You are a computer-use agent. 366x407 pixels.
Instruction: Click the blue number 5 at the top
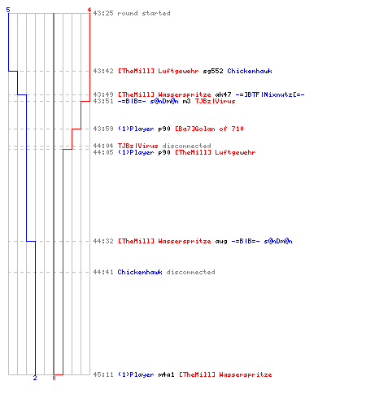tap(8, 10)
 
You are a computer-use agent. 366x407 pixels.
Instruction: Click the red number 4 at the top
tap(89, 10)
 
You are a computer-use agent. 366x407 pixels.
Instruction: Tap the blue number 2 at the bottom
tap(35, 378)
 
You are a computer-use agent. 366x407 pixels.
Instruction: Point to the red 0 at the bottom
tap(54, 378)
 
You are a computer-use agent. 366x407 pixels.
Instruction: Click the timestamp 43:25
tap(103, 13)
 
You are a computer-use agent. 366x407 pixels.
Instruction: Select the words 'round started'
tap(144, 13)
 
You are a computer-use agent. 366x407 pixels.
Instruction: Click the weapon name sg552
tap(213, 71)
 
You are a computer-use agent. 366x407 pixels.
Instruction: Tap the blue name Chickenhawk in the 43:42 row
tap(250, 71)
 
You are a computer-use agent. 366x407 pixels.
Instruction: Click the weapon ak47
tap(223, 94)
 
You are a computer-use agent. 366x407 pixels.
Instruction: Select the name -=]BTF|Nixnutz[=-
tap(270, 94)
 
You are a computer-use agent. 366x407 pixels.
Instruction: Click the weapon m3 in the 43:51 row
tap(186, 101)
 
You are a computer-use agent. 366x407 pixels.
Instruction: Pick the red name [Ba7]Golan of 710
tap(209, 129)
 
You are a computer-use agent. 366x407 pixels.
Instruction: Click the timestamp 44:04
tap(103, 146)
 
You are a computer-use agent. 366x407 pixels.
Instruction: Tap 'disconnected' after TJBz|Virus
tap(186, 146)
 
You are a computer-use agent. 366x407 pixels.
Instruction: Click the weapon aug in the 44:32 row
tap(221, 241)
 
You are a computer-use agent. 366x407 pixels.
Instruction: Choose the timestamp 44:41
tap(103, 272)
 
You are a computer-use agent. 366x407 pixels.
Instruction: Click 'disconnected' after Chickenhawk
tap(190, 272)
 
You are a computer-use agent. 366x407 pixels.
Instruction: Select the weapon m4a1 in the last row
tap(166, 374)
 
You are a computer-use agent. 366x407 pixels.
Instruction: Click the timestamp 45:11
tap(103, 374)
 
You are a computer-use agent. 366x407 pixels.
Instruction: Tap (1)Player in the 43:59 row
tap(136, 129)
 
